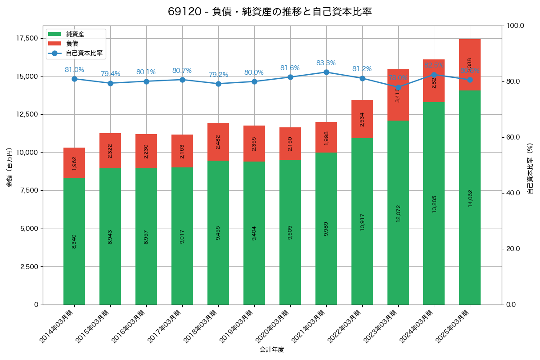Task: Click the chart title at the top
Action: click(x=270, y=12)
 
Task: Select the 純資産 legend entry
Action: click(x=75, y=34)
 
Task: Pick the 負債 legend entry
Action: click(x=72, y=44)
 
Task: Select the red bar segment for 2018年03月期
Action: click(x=218, y=141)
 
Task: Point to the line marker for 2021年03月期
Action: click(x=326, y=72)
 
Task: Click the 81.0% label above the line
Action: click(x=74, y=70)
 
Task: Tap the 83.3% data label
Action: click(x=326, y=63)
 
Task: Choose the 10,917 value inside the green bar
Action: click(x=362, y=221)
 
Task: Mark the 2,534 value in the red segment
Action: click(x=362, y=119)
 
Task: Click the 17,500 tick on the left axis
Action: click(x=27, y=38)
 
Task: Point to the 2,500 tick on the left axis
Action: click(x=29, y=266)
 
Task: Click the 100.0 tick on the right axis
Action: click(x=516, y=26)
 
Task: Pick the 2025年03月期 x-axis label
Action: click(x=452, y=327)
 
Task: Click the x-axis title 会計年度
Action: click(x=272, y=350)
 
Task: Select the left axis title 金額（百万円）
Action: click(x=9, y=167)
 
